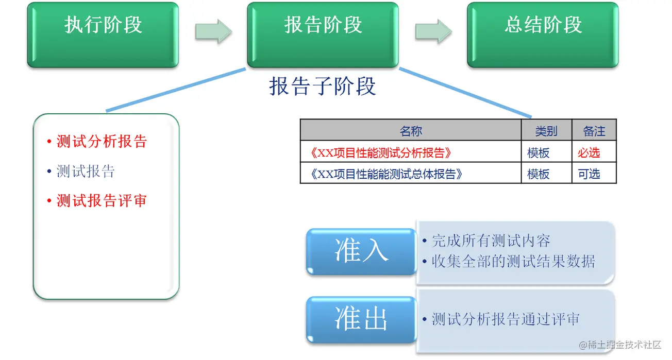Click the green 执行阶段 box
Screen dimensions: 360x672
tap(103, 35)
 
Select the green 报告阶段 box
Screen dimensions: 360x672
tap(323, 35)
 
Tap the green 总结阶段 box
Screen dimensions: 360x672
tap(543, 35)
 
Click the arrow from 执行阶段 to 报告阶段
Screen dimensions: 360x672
tap(213, 31)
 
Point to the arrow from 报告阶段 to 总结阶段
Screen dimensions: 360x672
tap(433, 31)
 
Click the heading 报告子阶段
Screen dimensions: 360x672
tap(323, 86)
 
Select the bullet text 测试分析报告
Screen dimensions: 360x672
tap(102, 142)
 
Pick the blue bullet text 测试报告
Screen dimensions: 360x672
tap(86, 172)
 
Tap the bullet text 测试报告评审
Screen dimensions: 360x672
tap(102, 201)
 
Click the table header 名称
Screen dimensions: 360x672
tap(411, 131)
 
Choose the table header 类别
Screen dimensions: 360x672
tap(546, 131)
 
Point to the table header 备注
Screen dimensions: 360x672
tap(594, 131)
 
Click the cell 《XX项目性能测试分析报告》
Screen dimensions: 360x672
tap(384, 153)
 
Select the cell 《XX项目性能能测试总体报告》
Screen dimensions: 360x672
tap(388, 174)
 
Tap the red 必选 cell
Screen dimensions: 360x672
tap(589, 153)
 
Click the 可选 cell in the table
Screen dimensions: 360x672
tap(589, 174)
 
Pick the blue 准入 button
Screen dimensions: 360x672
tap(361, 251)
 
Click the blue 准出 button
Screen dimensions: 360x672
tap(361, 319)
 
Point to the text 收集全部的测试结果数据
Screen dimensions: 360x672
tap(513, 262)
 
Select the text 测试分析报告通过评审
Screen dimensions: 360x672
tap(506, 319)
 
